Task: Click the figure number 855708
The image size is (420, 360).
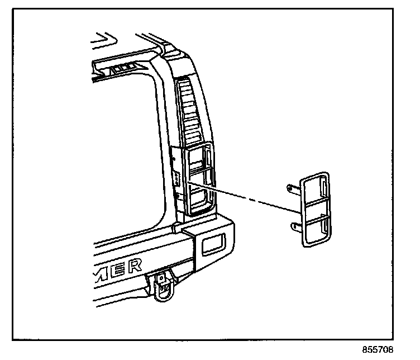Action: pyautogui.click(x=378, y=350)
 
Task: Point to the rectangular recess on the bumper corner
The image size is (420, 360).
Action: pyautogui.click(x=212, y=243)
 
